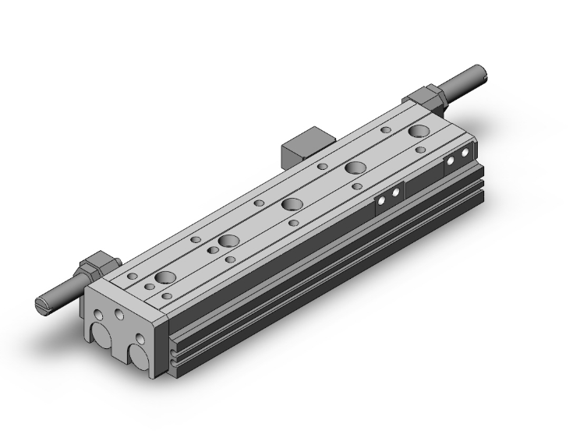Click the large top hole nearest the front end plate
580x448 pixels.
coord(165,277)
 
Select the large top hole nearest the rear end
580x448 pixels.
coord(419,131)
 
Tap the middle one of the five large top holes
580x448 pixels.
coord(292,204)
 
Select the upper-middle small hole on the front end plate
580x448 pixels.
coord(119,315)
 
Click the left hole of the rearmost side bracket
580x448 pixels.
coord(451,161)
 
